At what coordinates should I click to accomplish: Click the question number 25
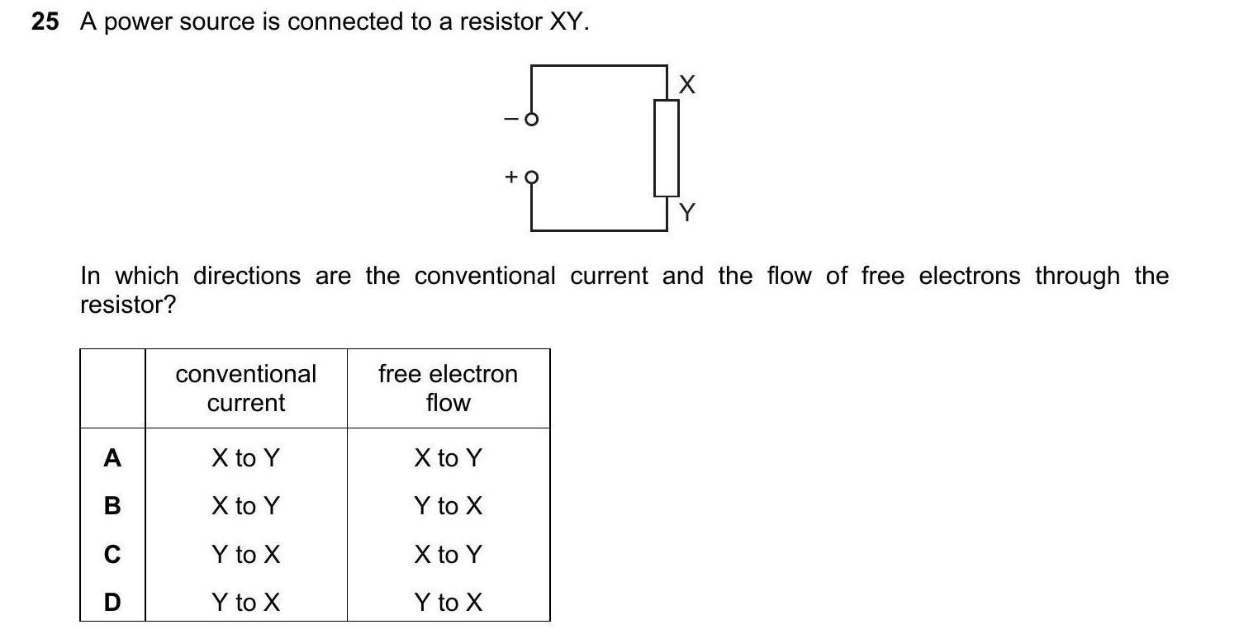point(45,22)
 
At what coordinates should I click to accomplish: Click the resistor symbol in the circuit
point(667,148)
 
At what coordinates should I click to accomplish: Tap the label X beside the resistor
point(687,84)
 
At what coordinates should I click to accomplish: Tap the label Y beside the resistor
point(687,213)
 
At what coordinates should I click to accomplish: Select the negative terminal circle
point(532,120)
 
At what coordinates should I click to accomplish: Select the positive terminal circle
point(532,177)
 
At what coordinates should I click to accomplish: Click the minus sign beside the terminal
point(511,120)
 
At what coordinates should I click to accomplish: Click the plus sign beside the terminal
point(511,177)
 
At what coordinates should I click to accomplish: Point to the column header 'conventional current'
point(246,388)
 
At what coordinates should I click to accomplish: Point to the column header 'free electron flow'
point(448,388)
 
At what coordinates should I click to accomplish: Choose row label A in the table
point(112,458)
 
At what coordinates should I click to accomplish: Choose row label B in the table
point(112,505)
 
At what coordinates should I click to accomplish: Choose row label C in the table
point(112,555)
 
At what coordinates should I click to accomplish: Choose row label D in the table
point(112,603)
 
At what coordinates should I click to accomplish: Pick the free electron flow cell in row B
point(448,505)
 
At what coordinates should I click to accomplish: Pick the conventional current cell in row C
point(246,555)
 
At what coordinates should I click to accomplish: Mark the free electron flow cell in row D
point(448,603)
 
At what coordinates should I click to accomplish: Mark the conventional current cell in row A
point(246,458)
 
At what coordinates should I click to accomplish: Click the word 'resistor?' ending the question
point(128,305)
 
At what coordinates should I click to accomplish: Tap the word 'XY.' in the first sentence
point(569,22)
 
